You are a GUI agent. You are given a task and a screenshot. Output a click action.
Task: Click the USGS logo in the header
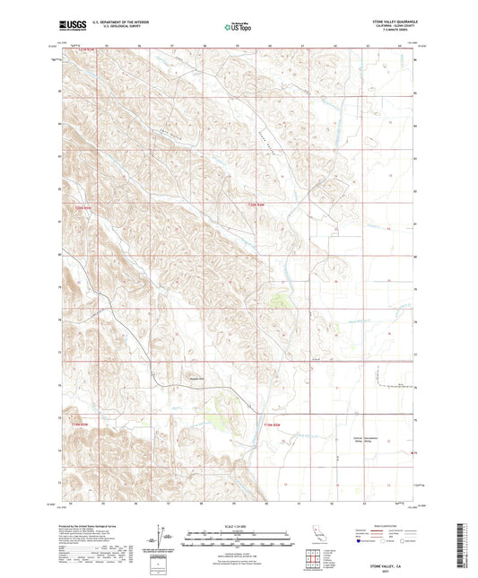(70, 26)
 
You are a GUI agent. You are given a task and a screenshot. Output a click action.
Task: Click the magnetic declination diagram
(160, 539)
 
